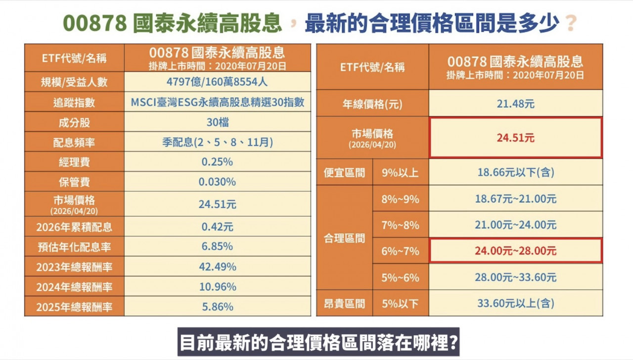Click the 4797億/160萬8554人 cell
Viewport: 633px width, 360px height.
218,82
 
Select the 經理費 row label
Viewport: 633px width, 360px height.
74,162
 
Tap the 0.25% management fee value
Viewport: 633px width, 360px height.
218,162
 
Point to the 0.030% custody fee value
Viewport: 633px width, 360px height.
218,182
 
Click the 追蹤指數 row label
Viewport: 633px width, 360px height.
74,102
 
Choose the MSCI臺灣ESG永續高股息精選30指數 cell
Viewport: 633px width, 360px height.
218,102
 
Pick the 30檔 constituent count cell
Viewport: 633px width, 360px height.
218,122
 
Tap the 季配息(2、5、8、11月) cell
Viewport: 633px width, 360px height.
218,142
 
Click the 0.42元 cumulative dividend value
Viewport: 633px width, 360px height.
218,227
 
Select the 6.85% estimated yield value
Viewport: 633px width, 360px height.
218,246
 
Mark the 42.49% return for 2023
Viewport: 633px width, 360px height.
218,267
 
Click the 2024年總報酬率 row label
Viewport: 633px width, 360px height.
74,287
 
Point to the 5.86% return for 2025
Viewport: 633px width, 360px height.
218,307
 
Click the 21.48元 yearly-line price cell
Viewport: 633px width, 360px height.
516,104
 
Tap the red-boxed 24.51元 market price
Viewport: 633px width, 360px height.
516,138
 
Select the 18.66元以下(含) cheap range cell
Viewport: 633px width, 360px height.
516,173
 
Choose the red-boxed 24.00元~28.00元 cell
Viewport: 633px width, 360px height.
516,251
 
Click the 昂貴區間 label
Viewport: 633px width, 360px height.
345,303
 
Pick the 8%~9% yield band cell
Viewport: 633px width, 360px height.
401,199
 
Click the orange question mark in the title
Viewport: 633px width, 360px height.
571,23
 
